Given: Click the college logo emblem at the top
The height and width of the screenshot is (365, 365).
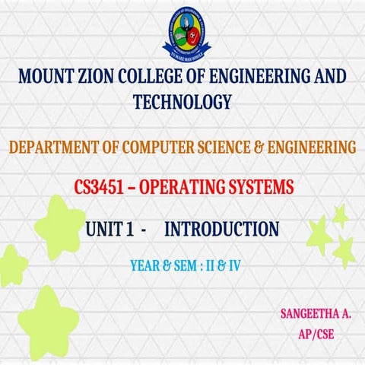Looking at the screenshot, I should [182, 32].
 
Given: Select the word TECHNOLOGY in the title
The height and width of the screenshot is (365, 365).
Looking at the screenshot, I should [182, 100].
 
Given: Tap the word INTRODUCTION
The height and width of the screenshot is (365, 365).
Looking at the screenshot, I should [221, 227].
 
